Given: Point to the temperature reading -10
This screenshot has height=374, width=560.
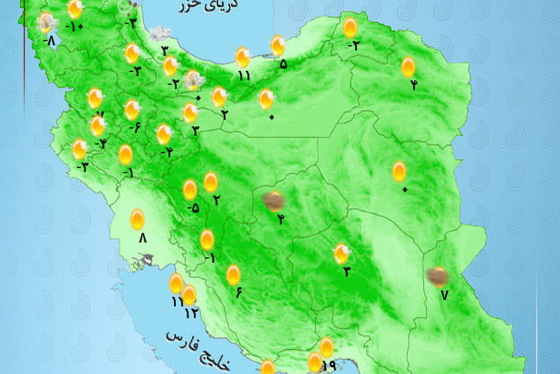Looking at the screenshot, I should click(73, 26).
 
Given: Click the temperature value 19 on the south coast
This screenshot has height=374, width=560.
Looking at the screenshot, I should click(329, 366).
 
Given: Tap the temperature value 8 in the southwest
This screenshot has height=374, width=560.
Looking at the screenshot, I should click(142, 238).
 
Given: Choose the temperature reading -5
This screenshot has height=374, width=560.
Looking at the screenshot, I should click(193, 208).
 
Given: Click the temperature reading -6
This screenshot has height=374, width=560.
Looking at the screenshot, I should click(134, 127).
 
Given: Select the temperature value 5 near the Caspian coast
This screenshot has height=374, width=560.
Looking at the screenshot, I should click(283, 64).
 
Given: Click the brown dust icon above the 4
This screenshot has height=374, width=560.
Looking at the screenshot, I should click(274, 201).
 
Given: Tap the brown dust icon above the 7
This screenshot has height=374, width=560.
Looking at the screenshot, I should click(436, 276).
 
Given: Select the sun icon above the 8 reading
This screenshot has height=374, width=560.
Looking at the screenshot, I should click(137, 219).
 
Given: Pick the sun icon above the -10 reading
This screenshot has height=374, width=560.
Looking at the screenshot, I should click(74, 9).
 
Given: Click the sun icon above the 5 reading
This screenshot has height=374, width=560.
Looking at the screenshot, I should click(278, 45).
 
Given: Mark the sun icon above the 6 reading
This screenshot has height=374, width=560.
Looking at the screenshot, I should click(234, 275).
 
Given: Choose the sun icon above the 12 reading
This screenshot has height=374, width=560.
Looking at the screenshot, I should click(189, 295).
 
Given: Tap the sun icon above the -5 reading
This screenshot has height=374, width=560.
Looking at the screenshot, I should click(190, 190).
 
